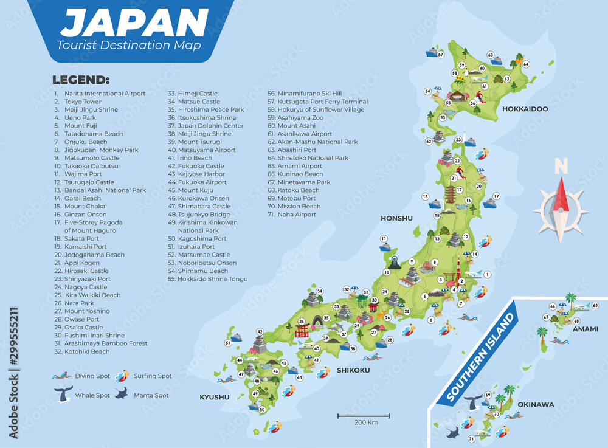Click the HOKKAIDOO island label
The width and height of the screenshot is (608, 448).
coord(525,109)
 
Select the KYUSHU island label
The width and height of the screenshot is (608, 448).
coord(215,397)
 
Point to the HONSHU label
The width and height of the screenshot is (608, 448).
coord(396,218)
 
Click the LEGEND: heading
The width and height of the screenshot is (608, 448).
coord(81,80)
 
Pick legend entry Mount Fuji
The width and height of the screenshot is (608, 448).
coord(79,126)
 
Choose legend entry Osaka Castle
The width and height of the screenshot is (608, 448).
coord(84,327)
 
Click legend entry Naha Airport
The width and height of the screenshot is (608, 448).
coord(297,214)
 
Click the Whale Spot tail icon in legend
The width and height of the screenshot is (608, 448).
coord(63,393)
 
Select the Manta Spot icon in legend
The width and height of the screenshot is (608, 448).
coord(121,393)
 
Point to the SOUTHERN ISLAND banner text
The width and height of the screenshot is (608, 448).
coord(480,353)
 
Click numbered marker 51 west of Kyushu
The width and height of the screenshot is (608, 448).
coord(228,343)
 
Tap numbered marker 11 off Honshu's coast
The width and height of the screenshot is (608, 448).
coord(384,238)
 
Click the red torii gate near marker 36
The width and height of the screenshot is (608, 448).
coord(302,331)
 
